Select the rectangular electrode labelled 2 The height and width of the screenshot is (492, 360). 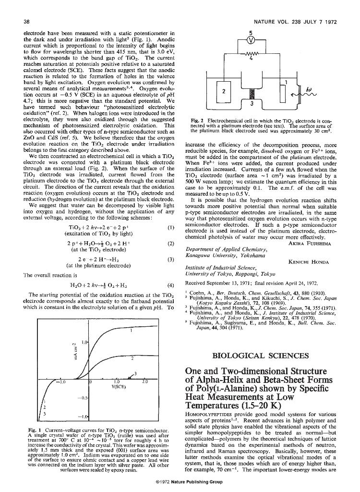pos(223,90)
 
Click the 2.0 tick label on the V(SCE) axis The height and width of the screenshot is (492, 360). pos(144,382)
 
